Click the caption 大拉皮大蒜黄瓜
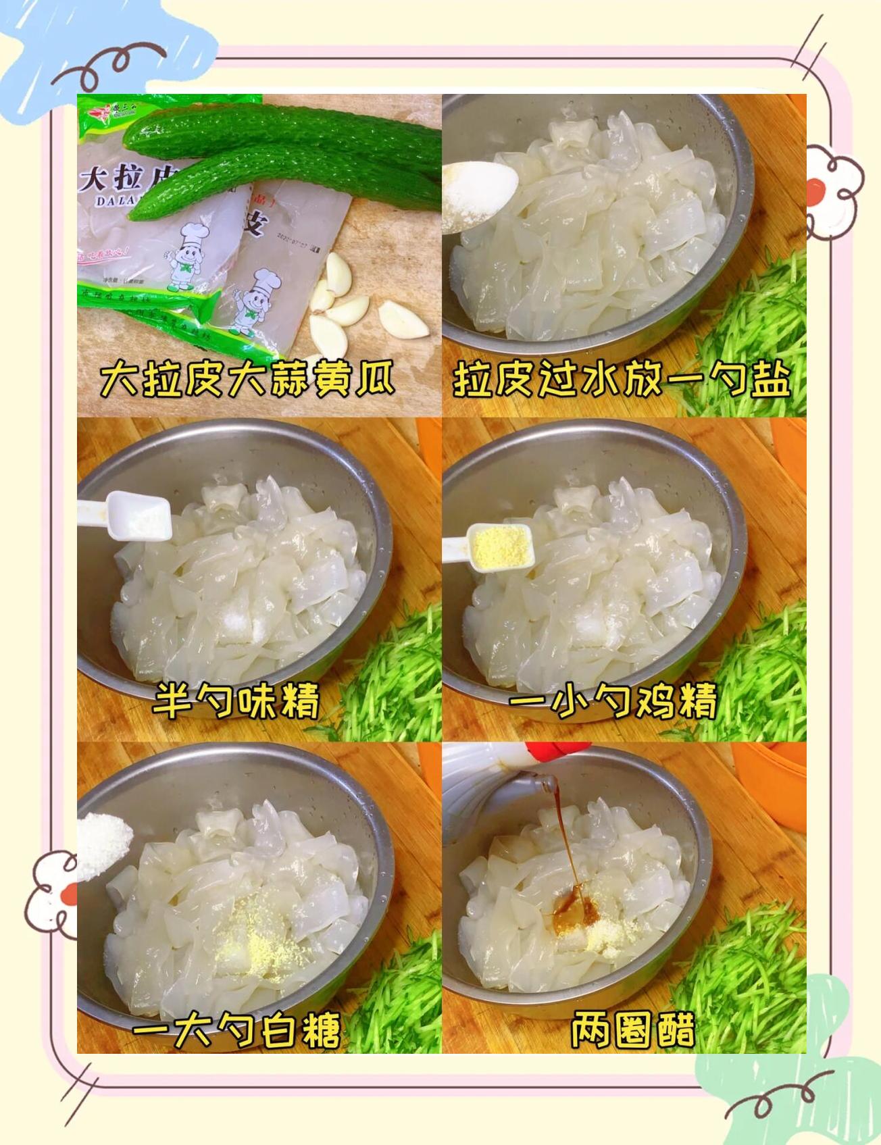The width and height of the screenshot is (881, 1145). tap(247, 380)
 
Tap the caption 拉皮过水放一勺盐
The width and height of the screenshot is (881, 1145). tap(622, 380)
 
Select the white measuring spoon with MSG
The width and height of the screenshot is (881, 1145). tap(135, 517)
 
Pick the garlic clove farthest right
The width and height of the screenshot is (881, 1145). tap(403, 319)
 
